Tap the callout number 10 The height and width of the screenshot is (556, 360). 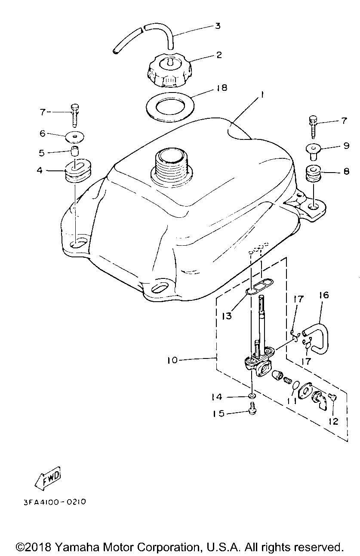click(x=172, y=360)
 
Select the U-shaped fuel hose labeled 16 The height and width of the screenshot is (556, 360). click(x=318, y=334)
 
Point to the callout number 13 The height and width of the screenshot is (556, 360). click(x=227, y=316)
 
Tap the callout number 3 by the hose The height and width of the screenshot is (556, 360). click(x=218, y=26)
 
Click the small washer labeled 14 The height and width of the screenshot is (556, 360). click(x=253, y=395)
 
